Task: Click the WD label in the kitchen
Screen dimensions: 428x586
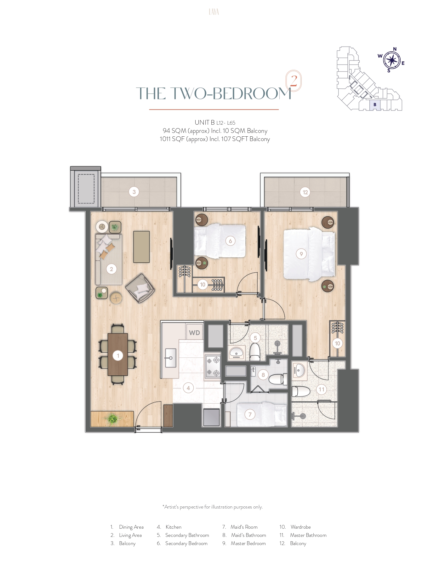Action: pyautogui.click(x=194, y=333)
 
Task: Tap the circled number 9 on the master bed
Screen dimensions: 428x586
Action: pyautogui.click(x=301, y=254)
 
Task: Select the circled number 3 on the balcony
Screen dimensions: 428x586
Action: pyautogui.click(x=134, y=192)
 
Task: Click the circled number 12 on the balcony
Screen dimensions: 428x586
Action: pyautogui.click(x=305, y=192)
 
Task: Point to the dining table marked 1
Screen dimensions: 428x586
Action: pyautogui.click(x=118, y=354)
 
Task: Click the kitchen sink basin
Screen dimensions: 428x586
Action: pyautogui.click(x=171, y=358)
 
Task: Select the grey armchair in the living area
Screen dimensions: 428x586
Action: pyautogui.click(x=140, y=288)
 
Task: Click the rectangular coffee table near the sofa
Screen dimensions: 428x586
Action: pyautogui.click(x=141, y=247)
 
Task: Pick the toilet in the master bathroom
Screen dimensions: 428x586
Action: pyautogui.click(x=300, y=391)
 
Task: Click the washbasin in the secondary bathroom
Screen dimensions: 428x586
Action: pyautogui.click(x=236, y=353)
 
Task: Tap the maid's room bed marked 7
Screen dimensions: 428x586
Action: pyautogui.click(x=262, y=414)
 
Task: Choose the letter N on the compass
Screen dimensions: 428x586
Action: pyautogui.click(x=395, y=49)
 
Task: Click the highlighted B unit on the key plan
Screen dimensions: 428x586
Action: pyautogui.click(x=375, y=105)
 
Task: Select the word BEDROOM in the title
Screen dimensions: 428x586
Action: pyautogui.click(x=252, y=94)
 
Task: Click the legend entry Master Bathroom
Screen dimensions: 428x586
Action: pyautogui.click(x=308, y=535)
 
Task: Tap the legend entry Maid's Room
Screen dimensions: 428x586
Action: pyautogui.click(x=244, y=527)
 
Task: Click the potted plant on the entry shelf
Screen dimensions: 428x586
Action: pyautogui.click(x=112, y=419)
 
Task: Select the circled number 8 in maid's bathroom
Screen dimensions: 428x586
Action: pyautogui.click(x=263, y=375)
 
